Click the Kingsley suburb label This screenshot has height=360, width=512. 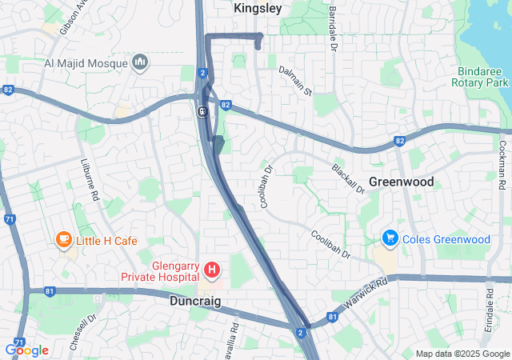tap(258, 8)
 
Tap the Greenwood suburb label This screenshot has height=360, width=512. tap(402, 182)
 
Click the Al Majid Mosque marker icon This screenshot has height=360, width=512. tap(140, 62)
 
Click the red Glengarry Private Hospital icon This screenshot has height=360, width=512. tap(212, 271)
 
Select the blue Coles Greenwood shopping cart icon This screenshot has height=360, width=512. tap(390, 238)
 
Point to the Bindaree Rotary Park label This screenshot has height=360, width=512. tap(480, 76)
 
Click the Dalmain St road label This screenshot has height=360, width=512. tap(295, 77)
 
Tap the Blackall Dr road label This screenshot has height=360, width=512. tap(348, 178)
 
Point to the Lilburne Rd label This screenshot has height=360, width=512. tap(89, 179)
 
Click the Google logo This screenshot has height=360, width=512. tap(26, 350)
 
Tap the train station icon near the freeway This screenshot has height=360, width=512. tap(204, 112)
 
